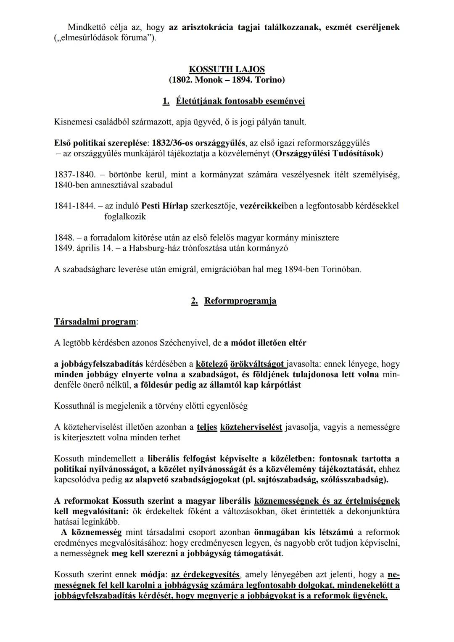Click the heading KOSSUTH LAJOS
(x=227, y=69)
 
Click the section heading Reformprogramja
(x=240, y=301)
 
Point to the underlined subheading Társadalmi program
(x=95, y=322)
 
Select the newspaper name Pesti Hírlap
(x=164, y=206)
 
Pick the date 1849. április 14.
(x=84, y=248)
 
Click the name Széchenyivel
(x=185, y=343)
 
